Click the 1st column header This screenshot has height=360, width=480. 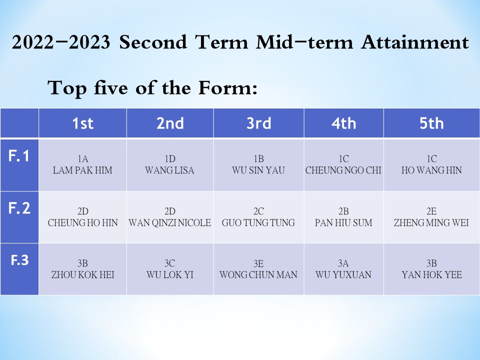click(x=82, y=123)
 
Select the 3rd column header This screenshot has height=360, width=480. click(x=258, y=123)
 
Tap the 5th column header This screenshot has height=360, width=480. click(x=431, y=123)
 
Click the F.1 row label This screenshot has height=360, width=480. click(x=19, y=156)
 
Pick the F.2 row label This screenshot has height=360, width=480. click(x=19, y=208)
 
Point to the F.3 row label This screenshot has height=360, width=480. click(x=19, y=260)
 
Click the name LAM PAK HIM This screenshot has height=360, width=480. click(x=82, y=170)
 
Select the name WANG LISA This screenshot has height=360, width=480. click(x=169, y=170)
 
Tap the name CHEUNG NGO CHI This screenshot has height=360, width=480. click(x=343, y=170)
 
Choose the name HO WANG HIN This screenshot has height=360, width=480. click(x=431, y=170)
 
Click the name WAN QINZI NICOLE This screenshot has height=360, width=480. click(x=169, y=222)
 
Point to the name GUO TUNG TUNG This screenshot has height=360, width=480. click(x=258, y=222)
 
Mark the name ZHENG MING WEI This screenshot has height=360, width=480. click(x=431, y=222)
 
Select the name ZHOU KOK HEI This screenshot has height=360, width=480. click(x=82, y=274)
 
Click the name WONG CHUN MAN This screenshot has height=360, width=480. click(x=258, y=274)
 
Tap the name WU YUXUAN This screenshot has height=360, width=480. click(x=343, y=274)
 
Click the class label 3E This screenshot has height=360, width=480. click(x=258, y=263)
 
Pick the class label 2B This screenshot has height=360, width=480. click(x=343, y=211)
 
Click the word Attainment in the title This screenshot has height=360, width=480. click(x=415, y=42)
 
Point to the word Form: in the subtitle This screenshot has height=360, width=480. click(x=228, y=88)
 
